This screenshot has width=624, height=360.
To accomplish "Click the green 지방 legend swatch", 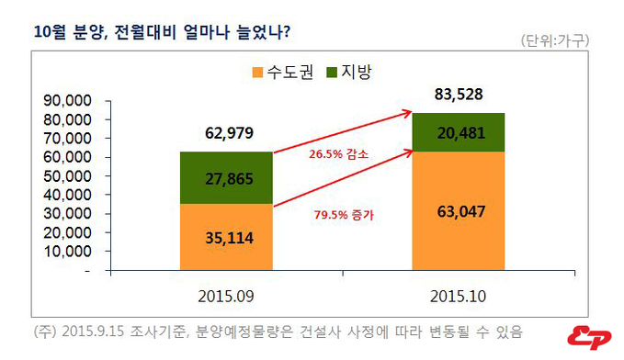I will click(332, 71).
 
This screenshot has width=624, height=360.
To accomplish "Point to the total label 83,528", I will click(458, 94).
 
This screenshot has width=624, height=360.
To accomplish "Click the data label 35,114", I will click(226, 238).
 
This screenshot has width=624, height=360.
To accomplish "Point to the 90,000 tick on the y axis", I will click(66, 100).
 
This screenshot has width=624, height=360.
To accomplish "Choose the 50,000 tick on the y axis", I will click(66, 175).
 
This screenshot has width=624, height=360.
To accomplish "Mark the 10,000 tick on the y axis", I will click(66, 251).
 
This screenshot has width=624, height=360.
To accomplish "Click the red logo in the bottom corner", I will click(589, 337).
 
